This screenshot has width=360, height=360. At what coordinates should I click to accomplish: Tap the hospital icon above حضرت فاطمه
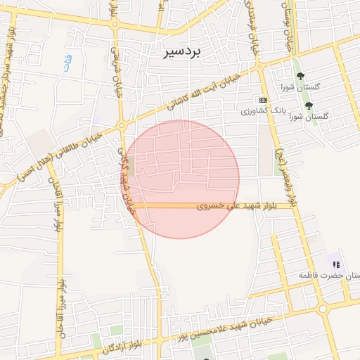click(336, 264)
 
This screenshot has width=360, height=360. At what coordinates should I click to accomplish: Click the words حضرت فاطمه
click(325, 276)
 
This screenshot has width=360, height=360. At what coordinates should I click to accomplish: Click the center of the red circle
click(181, 179)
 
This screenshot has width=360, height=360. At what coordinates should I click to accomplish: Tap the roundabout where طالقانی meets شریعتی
click(122, 125)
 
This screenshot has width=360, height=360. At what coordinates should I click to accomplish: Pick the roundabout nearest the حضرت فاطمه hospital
click(323, 308)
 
